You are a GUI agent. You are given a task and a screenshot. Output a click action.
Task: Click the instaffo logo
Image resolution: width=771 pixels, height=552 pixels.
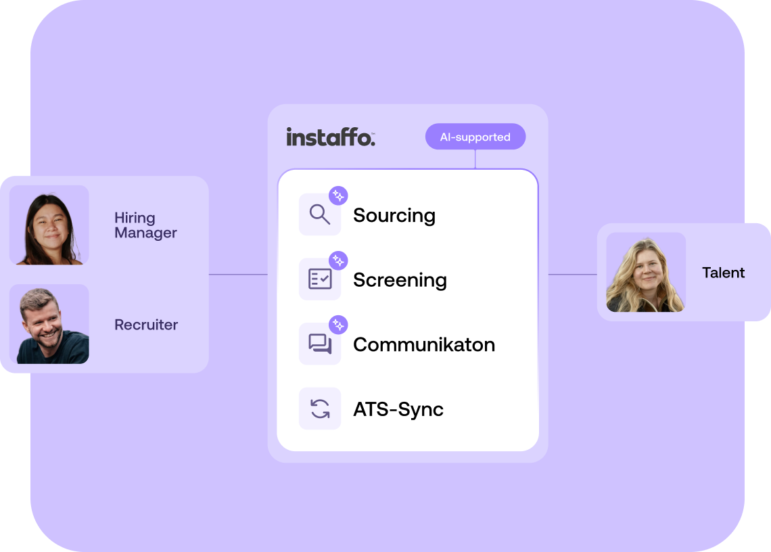[330, 137]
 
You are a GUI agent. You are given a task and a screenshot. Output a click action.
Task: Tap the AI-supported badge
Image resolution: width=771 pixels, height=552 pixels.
[475, 137]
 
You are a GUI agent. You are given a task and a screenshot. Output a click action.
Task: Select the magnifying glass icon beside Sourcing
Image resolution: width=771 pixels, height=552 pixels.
[319, 215]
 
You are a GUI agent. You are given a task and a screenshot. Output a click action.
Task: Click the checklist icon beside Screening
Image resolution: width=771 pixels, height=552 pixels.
[319, 279]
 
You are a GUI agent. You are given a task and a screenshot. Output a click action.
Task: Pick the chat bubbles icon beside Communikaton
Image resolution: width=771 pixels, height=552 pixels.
[319, 344]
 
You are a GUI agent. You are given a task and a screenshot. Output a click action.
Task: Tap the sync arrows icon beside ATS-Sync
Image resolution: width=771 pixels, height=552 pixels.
[319, 409]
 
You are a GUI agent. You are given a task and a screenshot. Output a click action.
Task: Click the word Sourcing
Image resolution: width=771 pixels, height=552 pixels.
[394, 216]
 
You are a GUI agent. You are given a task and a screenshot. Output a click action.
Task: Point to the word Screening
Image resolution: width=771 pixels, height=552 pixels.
[400, 280]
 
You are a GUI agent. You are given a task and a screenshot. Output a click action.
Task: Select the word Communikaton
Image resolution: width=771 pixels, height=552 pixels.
[424, 344]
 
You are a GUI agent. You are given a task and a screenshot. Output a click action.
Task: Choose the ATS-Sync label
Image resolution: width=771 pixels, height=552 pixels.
[398, 409]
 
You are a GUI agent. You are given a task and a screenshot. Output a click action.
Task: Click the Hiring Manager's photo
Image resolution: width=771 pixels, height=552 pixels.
[49, 225]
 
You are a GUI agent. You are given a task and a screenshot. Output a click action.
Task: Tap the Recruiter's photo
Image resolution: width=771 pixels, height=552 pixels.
[49, 324]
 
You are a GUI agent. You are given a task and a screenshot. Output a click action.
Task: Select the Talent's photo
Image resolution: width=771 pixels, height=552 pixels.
[646, 273]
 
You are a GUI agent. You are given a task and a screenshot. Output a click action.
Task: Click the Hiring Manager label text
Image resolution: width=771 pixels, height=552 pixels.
[145, 225]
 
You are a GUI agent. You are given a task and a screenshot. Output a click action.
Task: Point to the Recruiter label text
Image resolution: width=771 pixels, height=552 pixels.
[146, 325]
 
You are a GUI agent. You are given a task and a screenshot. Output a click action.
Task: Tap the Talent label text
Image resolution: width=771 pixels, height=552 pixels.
[723, 273]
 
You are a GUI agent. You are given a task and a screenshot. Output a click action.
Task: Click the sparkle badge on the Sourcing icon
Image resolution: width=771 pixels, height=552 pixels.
[338, 196]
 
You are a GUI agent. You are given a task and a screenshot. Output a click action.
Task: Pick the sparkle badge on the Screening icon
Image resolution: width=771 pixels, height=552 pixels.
[338, 260]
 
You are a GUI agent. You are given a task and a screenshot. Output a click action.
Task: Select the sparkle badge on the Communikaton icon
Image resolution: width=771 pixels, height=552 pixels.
[338, 325]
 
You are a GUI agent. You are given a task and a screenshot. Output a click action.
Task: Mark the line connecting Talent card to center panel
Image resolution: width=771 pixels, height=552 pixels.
[572, 275]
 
